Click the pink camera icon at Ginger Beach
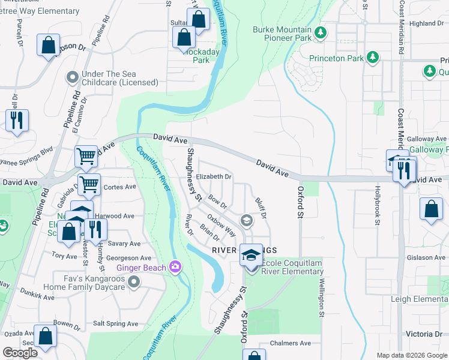pyautogui.click(x=175, y=266)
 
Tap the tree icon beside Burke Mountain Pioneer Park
pyautogui.click(x=321, y=32)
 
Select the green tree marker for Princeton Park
pyautogui.click(x=373, y=58)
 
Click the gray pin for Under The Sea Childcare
pyautogui.click(x=73, y=77)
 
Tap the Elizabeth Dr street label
pyautogui.click(x=214, y=177)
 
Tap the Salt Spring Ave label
pyautogui.click(x=116, y=324)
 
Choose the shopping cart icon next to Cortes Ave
pyautogui.click(x=89, y=184)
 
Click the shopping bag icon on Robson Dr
pyautogui.click(x=48, y=45)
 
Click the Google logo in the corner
pyautogui.click(x=20, y=353)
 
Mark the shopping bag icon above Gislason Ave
pyautogui.click(x=431, y=209)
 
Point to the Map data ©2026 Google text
pyautogui.click(x=411, y=355)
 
